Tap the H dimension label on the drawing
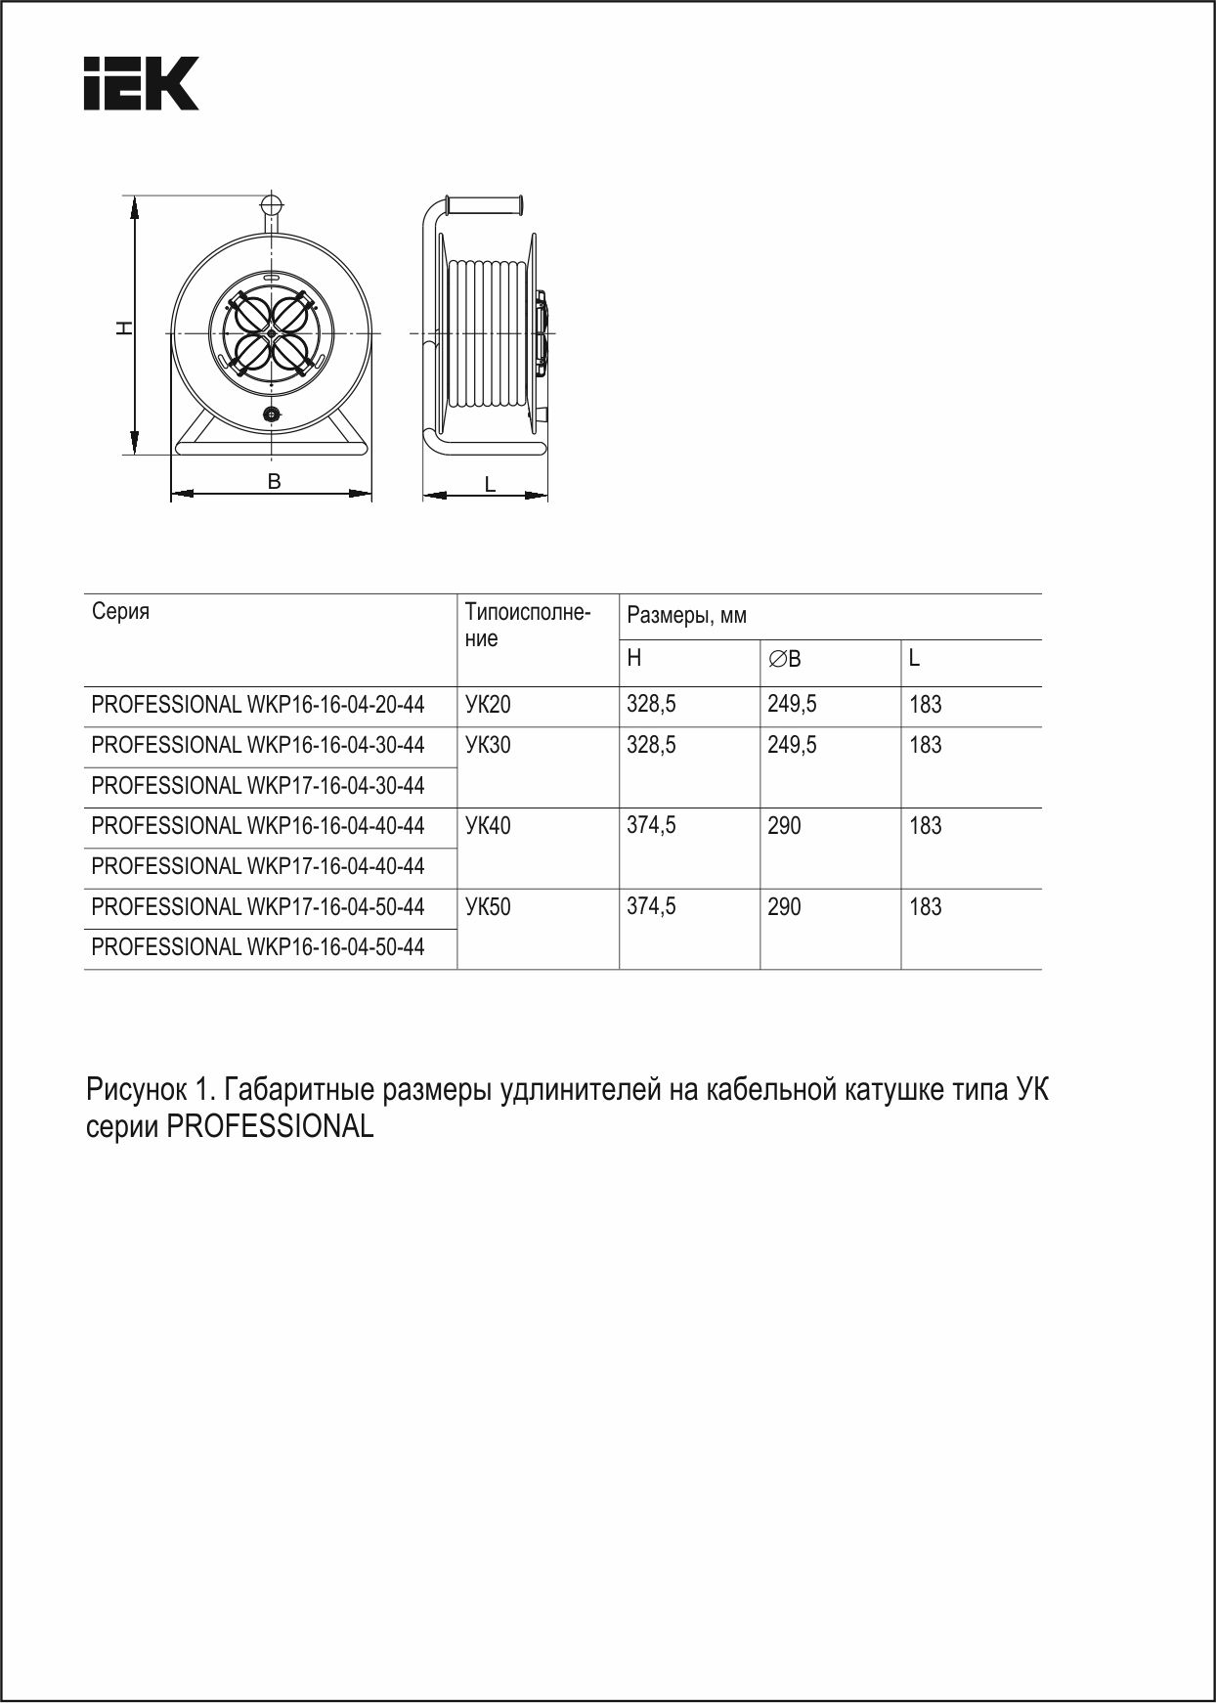124,328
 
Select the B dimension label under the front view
275,481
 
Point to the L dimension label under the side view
490,483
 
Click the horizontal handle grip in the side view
485,205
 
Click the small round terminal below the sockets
272,415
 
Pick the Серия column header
120,612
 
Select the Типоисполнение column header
527,626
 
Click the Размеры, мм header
686,616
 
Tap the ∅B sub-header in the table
784,659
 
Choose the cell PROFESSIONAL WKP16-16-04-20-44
258,705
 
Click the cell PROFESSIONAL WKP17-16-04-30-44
258,786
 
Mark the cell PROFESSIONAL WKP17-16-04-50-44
258,907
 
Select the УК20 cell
488,705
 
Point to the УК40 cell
488,826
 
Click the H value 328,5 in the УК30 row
651,745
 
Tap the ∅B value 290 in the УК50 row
784,907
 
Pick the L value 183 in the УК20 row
925,705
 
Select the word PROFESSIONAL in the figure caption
270,1127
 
